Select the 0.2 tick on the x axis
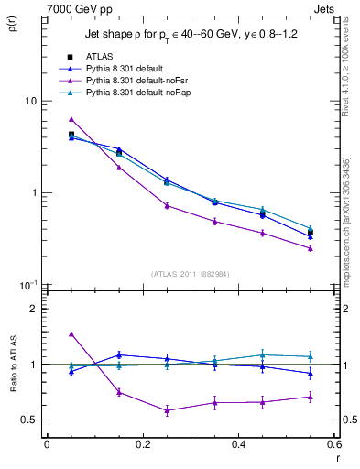(x=142, y=444)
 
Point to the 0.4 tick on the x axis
(x=239, y=444)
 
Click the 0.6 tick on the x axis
(x=335, y=444)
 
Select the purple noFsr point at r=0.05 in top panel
(x=71, y=119)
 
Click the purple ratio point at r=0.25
(x=167, y=410)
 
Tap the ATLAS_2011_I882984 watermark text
(x=191, y=273)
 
